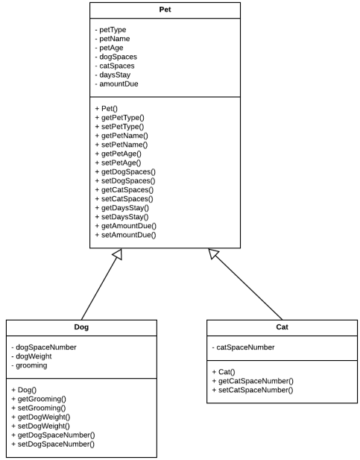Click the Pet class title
click(x=165, y=10)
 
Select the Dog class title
click(x=81, y=327)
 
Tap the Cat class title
click(x=282, y=327)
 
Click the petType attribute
click(x=110, y=30)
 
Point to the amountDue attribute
click(x=116, y=84)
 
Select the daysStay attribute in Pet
click(x=113, y=75)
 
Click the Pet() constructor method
click(x=106, y=109)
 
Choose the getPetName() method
click(x=121, y=136)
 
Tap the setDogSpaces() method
click(x=125, y=180)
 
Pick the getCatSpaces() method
click(x=124, y=190)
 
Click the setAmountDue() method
click(x=125, y=235)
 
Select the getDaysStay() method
click(x=121, y=208)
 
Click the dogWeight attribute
click(x=32, y=356)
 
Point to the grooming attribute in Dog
click(x=29, y=365)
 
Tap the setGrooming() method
click(x=39, y=408)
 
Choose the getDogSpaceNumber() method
click(x=53, y=435)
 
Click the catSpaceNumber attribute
click(x=243, y=347)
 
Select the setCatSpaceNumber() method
click(x=253, y=390)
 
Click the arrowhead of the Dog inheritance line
click(x=118, y=253)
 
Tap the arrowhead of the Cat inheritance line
click(x=213, y=253)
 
